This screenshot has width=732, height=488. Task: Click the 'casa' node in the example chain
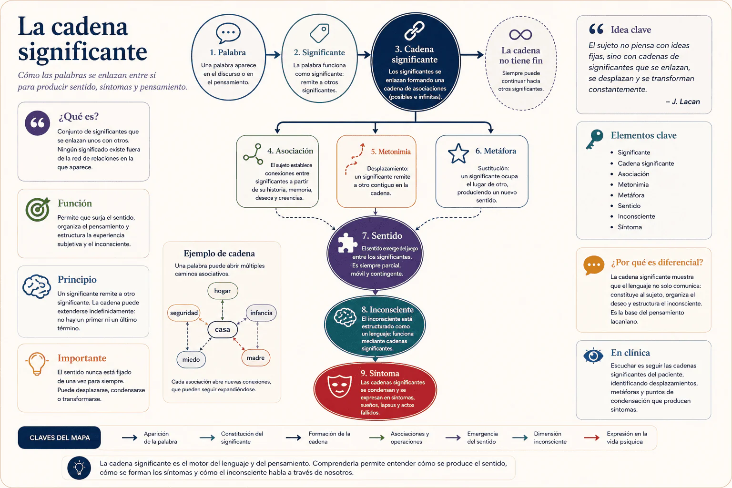[x=223, y=329]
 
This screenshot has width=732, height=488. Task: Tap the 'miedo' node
[x=191, y=359]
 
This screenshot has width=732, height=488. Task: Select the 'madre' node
[x=256, y=358]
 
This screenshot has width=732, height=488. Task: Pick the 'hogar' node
[x=223, y=291]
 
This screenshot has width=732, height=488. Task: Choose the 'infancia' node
[x=261, y=313]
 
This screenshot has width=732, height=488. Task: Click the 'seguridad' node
[x=184, y=313]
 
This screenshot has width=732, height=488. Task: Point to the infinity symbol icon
[x=520, y=34]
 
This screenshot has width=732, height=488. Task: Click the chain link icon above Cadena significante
[x=414, y=30]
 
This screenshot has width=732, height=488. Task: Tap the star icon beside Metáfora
[x=458, y=153]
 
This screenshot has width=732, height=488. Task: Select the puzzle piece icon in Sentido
[x=347, y=243]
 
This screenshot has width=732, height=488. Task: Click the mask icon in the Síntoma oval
[x=339, y=386]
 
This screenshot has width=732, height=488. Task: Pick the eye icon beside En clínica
[x=593, y=356]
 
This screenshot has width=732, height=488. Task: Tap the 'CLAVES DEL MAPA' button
[x=60, y=437]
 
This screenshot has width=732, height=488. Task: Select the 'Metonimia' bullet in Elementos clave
[x=633, y=185]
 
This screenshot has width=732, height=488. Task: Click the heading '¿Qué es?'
[x=79, y=116]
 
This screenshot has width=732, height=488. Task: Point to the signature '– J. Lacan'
[x=682, y=102]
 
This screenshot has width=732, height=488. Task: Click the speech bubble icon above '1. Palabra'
[x=228, y=33]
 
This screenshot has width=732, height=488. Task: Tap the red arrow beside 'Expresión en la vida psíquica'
[x=591, y=437]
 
